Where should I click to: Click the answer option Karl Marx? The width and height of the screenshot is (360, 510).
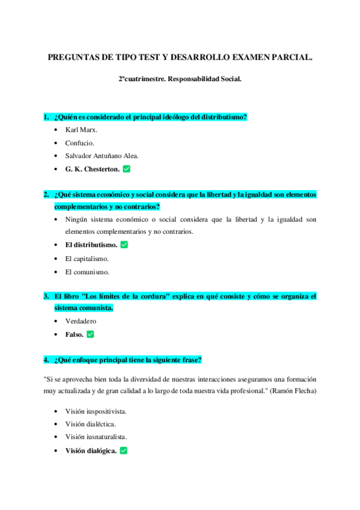(81, 129)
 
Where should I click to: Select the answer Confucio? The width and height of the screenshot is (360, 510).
(79, 143)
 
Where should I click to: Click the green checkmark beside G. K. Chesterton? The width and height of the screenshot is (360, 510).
(126, 169)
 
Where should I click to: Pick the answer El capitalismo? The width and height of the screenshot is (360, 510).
(87, 259)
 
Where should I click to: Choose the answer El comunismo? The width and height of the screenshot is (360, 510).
(87, 272)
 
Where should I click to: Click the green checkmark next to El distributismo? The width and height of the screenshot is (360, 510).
(124, 245)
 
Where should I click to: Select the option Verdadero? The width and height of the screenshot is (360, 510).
(81, 321)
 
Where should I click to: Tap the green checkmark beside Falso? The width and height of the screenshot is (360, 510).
(90, 334)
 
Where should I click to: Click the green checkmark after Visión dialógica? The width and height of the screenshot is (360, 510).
(124, 450)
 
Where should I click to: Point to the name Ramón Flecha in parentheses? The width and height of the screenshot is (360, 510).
(292, 391)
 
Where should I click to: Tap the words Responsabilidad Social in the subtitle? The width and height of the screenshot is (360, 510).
(207, 79)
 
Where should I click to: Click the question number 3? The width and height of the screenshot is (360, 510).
(46, 296)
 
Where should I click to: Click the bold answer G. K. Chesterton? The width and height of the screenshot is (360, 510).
(92, 169)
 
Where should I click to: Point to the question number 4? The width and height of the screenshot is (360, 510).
(46, 360)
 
